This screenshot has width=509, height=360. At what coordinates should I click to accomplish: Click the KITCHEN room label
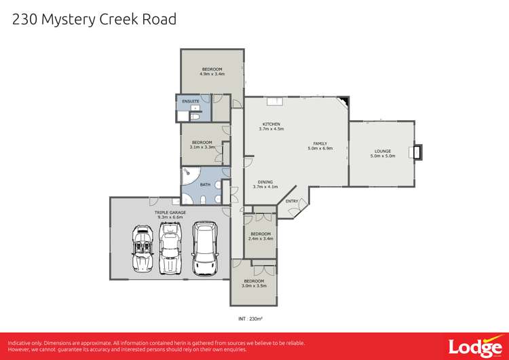pyautogui.click(x=271, y=124)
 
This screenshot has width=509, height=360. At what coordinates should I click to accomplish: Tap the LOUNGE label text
pyautogui.click(x=382, y=151)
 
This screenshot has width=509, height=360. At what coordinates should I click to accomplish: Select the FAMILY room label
pyautogui.click(x=320, y=143)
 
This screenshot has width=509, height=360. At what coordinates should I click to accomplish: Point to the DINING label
pyautogui.click(x=265, y=181)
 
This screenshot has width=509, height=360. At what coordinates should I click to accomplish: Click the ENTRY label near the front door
pyautogui.click(x=292, y=201)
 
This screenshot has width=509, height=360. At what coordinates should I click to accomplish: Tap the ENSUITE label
pyautogui.click(x=191, y=101)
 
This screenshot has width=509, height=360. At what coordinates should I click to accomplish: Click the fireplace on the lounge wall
pyautogui.click(x=416, y=151)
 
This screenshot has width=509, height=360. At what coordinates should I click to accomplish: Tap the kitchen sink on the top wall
pyautogui.click(x=275, y=102)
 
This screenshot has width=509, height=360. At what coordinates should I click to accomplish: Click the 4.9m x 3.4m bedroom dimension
pyautogui.click(x=212, y=73)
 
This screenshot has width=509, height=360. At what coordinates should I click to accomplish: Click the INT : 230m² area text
pyautogui.click(x=250, y=317)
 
